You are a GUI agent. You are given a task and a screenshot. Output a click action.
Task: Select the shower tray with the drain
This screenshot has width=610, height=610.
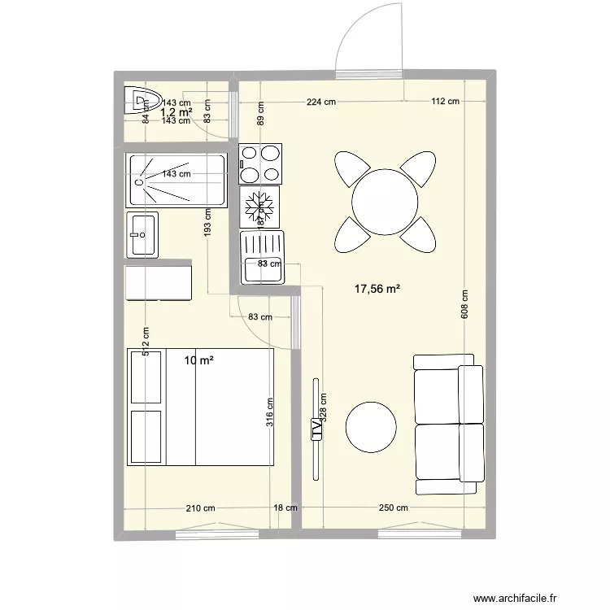point(177,181)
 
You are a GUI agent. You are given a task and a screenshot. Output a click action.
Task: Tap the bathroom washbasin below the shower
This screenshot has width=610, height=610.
point(142,233)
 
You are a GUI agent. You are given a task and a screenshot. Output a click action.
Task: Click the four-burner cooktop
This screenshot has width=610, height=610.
point(260,163)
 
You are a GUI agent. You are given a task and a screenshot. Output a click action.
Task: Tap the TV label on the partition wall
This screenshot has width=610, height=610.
point(316,429)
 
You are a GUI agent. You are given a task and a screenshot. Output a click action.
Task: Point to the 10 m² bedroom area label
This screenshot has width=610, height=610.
point(198,360)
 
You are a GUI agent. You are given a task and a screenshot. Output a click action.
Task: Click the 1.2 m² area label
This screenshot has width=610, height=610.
point(176,112)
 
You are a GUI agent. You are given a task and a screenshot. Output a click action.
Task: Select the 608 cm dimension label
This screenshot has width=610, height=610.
point(464,308)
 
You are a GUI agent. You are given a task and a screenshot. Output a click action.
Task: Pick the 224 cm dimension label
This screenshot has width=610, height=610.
point(321,102)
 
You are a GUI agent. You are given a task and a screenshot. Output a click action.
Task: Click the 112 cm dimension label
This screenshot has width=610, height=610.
point(445,102)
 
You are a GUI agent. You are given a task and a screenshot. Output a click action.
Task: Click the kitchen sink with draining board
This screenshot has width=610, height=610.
point(262,256)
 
